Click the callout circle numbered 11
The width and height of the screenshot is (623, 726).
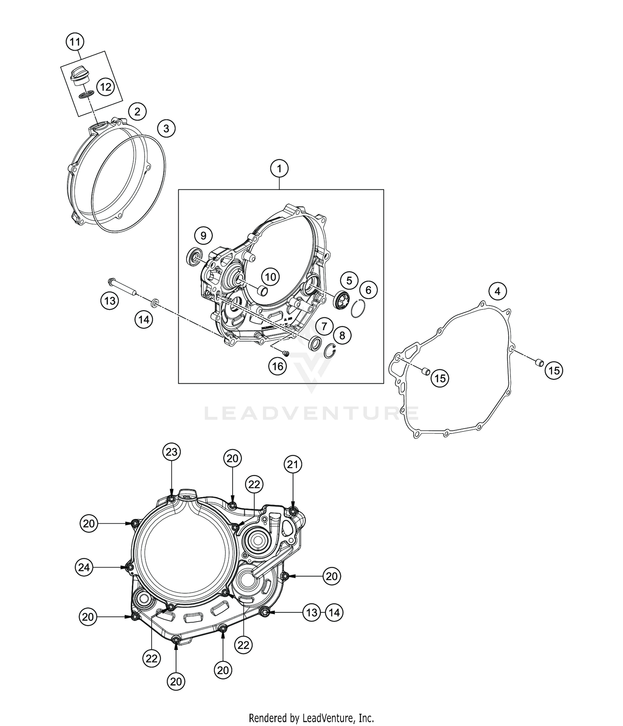click(x=75, y=41)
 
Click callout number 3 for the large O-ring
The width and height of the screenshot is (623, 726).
click(x=166, y=128)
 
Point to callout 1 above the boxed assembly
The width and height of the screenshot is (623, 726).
click(x=280, y=169)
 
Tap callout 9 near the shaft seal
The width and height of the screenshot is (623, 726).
click(x=203, y=236)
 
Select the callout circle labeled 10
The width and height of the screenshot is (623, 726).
click(x=270, y=277)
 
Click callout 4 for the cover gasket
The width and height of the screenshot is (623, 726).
click(x=498, y=291)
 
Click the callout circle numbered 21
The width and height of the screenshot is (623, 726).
click(x=293, y=464)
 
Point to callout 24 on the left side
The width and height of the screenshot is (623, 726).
click(x=84, y=567)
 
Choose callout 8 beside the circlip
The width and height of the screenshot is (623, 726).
click(x=342, y=335)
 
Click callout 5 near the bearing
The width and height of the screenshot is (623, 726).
click(x=349, y=280)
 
